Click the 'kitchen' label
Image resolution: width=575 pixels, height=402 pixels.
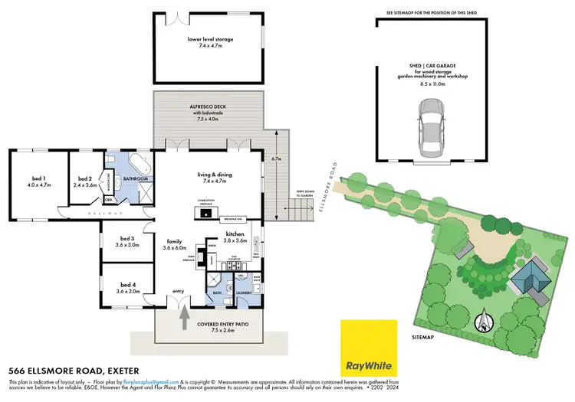(235, 235)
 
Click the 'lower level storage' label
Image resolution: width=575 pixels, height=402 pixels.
(210, 38)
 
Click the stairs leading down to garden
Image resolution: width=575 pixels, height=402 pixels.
(300, 211)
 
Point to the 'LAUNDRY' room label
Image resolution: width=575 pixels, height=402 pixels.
(245, 292)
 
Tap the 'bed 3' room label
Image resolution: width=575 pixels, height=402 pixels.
(127, 240)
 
